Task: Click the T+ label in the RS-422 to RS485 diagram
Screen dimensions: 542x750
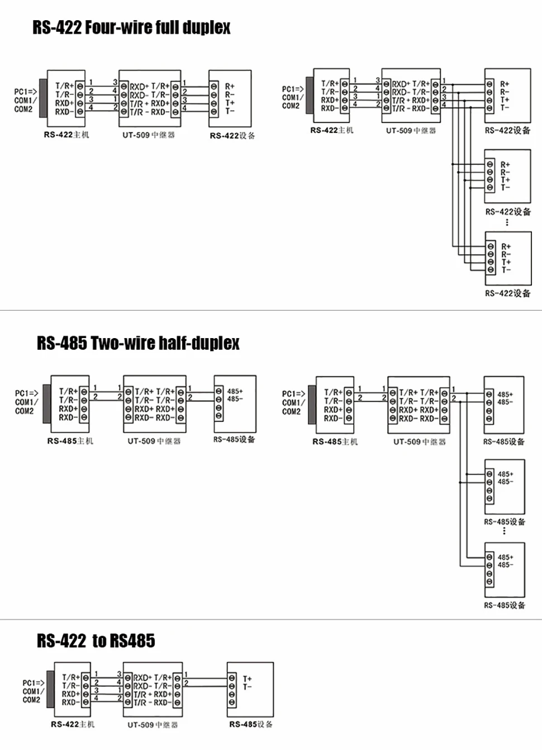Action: [247, 678]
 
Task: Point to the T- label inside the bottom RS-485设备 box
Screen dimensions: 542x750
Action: [247, 686]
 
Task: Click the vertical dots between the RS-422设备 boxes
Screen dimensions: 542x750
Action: [507, 222]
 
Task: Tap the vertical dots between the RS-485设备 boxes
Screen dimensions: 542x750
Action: [504, 531]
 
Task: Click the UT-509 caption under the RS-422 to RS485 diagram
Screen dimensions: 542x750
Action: [152, 725]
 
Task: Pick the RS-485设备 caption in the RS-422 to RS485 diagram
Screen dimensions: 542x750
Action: [251, 724]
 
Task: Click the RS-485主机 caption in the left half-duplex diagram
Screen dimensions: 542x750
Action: [70, 441]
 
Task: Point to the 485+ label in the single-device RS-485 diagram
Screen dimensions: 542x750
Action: [235, 391]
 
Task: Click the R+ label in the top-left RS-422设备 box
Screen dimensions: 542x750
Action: [230, 87]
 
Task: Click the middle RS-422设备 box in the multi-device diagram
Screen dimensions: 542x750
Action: [507, 176]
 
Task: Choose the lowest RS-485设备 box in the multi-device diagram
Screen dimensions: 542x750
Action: [504, 569]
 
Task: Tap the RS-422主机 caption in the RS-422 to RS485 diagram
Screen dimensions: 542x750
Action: [73, 724]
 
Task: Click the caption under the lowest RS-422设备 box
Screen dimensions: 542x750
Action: [507, 293]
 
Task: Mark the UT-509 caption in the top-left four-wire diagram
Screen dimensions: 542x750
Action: [149, 135]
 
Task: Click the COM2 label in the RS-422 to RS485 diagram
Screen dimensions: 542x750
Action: [31, 700]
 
